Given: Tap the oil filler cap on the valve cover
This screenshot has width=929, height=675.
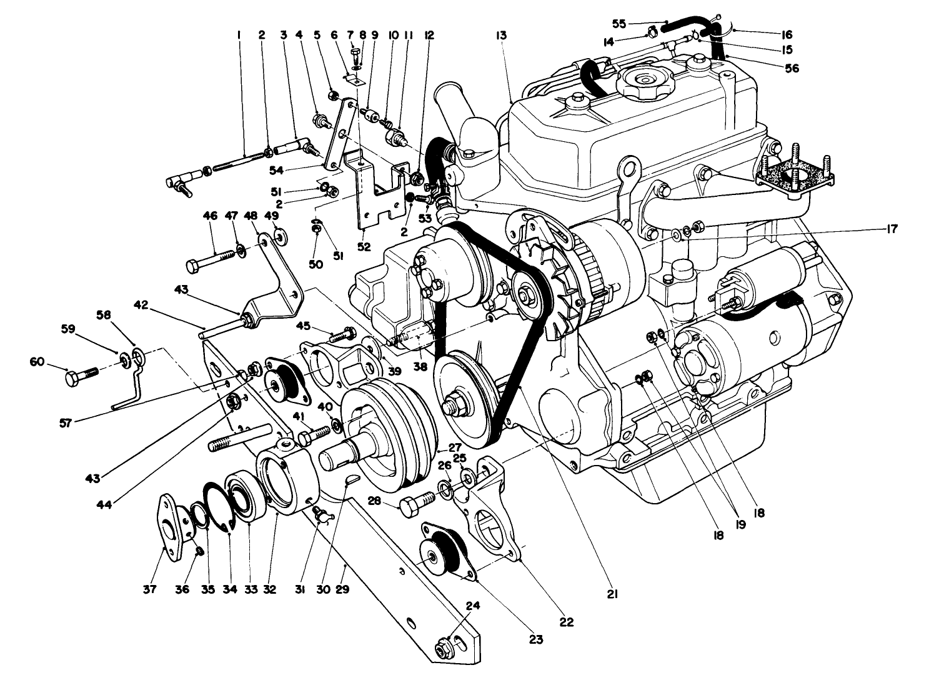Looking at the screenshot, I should tap(640, 80).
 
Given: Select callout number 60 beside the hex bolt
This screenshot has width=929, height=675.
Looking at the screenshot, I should tap(37, 361).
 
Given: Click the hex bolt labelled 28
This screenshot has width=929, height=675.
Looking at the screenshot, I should tap(414, 504).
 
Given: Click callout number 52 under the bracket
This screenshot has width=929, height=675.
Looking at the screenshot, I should tap(364, 247).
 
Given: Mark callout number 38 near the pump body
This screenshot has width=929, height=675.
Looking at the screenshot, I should tap(420, 367).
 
